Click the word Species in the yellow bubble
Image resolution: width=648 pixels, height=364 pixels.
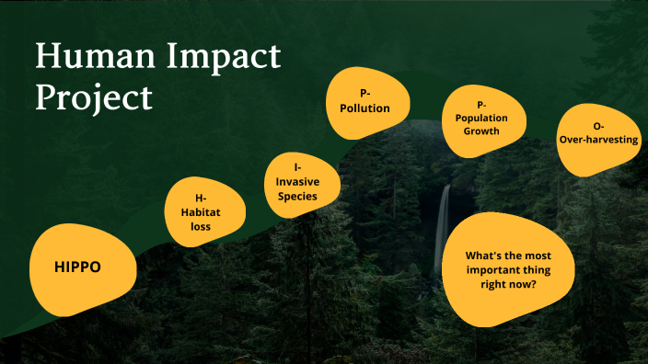click(296, 197)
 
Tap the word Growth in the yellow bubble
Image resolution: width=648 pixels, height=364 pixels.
click(481, 131)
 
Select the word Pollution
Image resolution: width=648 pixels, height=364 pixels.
click(364, 108)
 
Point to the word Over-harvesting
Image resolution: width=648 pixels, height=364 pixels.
click(599, 140)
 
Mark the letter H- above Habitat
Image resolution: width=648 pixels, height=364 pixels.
click(202, 198)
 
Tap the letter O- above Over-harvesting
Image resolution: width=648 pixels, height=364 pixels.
click(599, 125)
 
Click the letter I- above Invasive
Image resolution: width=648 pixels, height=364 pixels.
click(296, 167)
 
